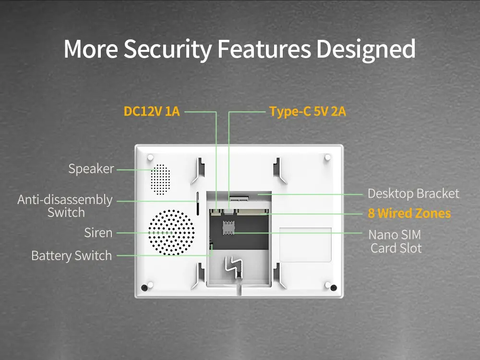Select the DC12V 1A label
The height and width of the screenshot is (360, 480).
(152, 111)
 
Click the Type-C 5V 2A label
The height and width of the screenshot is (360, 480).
(308, 111)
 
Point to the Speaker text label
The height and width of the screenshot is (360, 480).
(91, 169)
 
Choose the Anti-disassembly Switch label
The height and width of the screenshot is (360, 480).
(65, 206)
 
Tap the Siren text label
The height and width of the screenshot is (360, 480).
(98, 233)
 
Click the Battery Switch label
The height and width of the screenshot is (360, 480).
(72, 255)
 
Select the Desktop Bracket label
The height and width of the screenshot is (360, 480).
(413, 194)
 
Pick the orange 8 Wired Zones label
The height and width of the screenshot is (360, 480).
(409, 213)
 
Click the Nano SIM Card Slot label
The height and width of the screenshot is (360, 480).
(395, 241)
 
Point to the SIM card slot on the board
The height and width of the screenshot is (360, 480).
(228, 228)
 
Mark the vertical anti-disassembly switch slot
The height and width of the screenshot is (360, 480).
(197, 203)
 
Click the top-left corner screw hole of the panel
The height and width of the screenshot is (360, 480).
(150, 157)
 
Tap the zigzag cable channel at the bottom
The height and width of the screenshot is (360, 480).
(235, 268)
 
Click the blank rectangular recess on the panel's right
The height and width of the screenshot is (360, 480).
(305, 244)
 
